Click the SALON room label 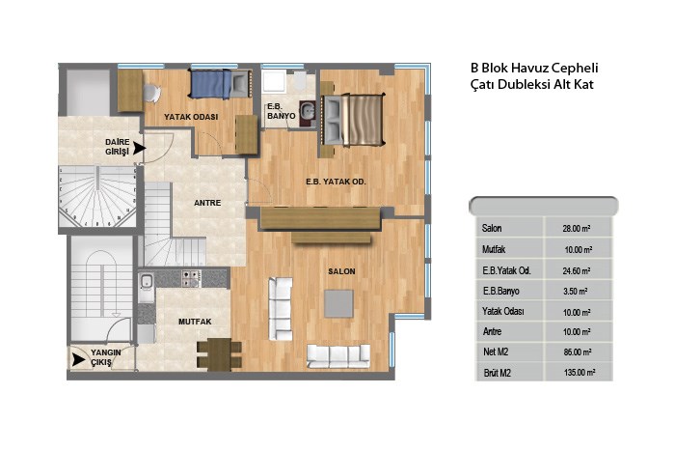[341, 271]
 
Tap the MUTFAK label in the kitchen [195, 322]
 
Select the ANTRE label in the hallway [207, 203]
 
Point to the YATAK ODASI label [191, 117]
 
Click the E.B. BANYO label [282, 111]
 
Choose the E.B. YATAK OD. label [336, 182]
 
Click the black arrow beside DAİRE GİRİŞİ [139, 149]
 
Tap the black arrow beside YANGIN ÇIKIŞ [78, 359]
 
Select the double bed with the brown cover [353, 120]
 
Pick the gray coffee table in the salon [338, 304]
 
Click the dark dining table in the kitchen [219, 354]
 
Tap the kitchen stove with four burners [191, 278]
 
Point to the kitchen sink [146, 281]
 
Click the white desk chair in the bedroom [151, 93]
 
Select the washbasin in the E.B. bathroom [307, 111]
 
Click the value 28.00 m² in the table [576, 229]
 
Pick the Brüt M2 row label [497, 373]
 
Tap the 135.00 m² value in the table [580, 373]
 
